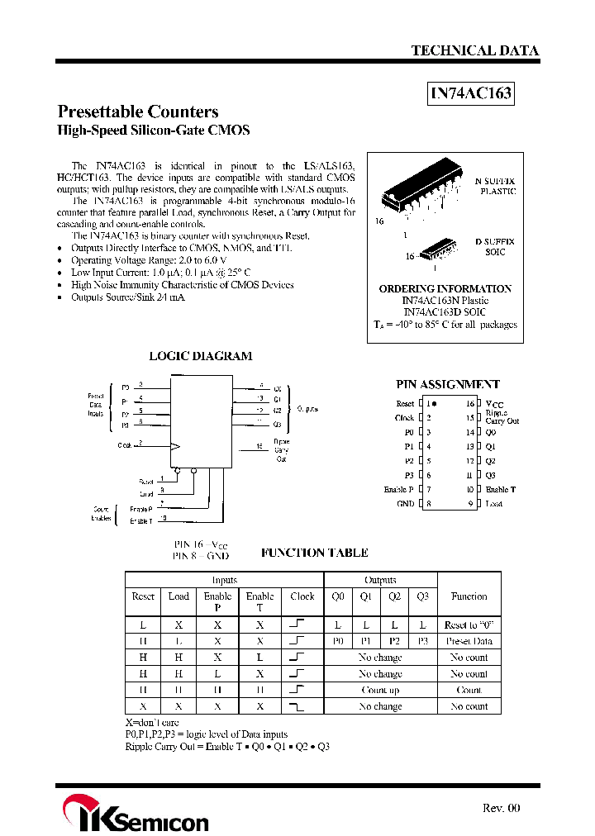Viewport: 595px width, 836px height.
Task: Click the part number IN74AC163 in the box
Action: click(471, 93)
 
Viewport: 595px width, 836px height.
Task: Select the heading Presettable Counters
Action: click(137, 112)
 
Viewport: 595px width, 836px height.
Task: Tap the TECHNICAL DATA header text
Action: click(474, 50)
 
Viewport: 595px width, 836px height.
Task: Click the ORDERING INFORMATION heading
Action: click(445, 288)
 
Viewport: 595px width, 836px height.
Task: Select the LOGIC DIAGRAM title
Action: click(200, 356)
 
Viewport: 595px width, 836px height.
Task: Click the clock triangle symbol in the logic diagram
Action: click(174, 446)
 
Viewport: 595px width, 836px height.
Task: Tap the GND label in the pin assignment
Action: click(405, 503)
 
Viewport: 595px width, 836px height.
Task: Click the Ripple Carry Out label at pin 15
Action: click(501, 417)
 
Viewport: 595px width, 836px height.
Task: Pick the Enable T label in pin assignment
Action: click(500, 489)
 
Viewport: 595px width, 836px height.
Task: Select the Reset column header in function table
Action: click(143, 596)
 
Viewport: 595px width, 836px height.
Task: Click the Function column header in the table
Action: click(469, 596)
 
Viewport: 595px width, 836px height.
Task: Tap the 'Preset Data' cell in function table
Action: click(469, 641)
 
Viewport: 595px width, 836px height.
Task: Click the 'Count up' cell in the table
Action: click(380, 690)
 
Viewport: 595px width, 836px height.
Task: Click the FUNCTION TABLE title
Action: click(314, 553)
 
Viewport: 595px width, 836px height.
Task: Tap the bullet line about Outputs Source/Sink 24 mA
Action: click(127, 297)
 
